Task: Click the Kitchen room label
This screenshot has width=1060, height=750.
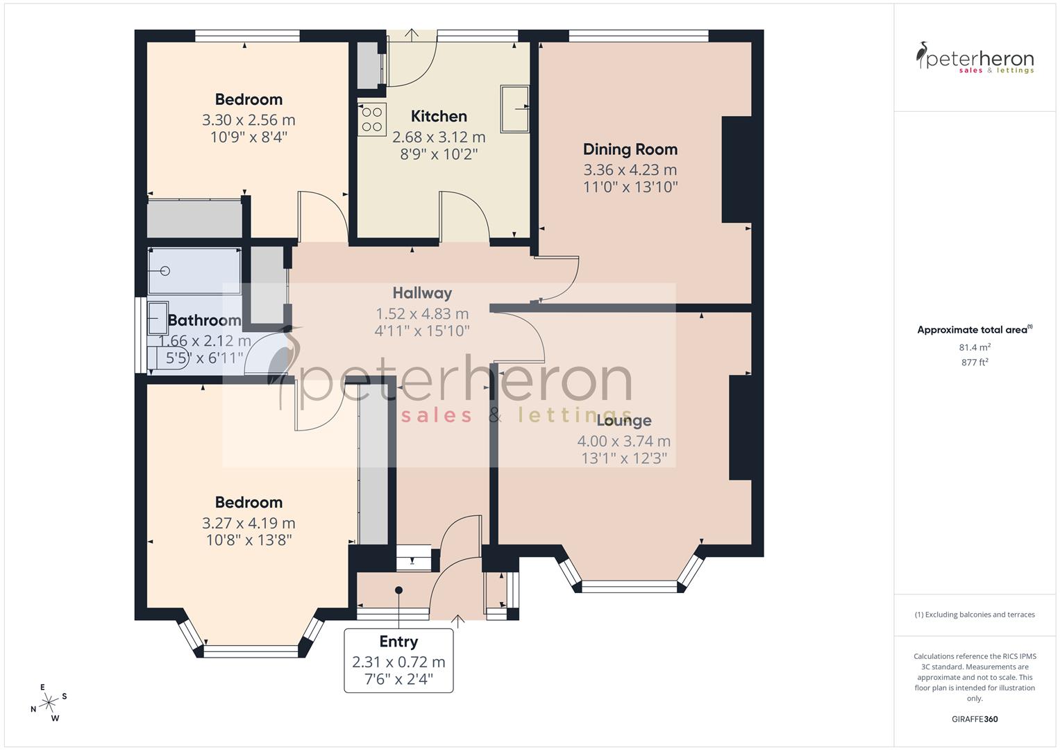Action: point(439,116)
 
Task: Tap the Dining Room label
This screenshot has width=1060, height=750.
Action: point(630,149)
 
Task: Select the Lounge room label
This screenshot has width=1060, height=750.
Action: point(623,420)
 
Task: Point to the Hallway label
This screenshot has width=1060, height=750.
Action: point(422,293)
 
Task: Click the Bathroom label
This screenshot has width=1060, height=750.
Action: point(204,320)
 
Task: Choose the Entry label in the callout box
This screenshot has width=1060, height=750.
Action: point(398,642)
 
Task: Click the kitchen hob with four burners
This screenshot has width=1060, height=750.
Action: point(372,117)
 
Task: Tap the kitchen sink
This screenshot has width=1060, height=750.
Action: point(514,108)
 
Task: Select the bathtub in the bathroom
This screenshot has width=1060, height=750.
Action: point(194,271)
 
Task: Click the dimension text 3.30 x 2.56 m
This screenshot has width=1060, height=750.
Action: point(249,119)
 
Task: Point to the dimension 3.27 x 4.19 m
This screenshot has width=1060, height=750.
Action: point(249,523)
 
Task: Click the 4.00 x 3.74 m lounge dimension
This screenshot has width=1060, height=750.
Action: point(623,441)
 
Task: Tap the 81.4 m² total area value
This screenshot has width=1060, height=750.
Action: point(975,347)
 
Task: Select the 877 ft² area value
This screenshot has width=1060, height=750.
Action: point(975,362)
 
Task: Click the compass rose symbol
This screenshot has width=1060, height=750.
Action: point(49,703)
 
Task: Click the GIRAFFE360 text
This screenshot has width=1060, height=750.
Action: point(975,719)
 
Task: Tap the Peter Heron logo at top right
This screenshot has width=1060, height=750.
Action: point(975,58)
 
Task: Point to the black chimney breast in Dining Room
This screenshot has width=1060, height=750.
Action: point(737,169)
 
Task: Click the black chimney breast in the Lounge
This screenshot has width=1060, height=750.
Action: point(741,427)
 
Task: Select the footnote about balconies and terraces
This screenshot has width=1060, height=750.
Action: point(975,615)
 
